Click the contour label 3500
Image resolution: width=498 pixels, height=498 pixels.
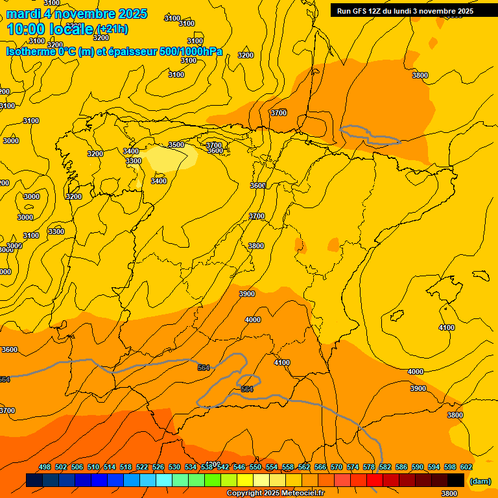tap(176, 145)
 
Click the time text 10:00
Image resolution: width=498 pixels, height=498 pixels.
tap(25, 29)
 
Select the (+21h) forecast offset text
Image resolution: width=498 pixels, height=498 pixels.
tap(112, 29)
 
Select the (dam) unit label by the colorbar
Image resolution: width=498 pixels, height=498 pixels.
tap(480, 480)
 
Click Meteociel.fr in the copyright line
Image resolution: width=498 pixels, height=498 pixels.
tap(301, 493)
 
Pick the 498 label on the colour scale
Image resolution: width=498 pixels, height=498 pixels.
tap(45, 467)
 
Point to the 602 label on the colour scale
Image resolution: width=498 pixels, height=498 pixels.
tap(466, 467)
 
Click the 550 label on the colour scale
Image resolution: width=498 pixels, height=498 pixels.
tap(255, 467)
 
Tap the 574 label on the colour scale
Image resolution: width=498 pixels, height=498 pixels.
tap(353, 467)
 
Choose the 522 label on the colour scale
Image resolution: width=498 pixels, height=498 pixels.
tap(142, 467)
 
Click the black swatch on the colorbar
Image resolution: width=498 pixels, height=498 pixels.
tap(456, 480)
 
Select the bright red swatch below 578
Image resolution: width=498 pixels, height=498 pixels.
tap(375, 480)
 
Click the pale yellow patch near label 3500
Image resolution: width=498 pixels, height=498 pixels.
tap(170, 158)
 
